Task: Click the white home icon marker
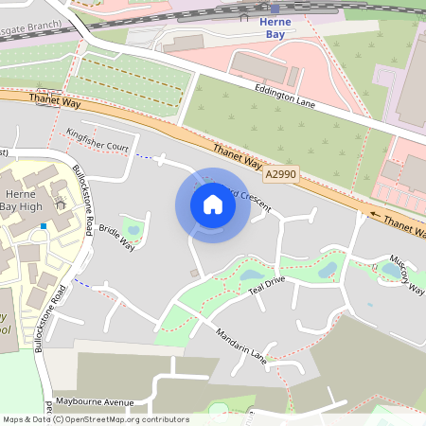pos(213,205)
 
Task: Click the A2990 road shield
pos(280,175)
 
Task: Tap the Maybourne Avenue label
pos(93,402)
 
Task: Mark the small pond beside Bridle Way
pos(133,229)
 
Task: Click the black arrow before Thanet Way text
pos(376,214)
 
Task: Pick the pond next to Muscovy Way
pos(390,271)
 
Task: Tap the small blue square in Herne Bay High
pos(44,225)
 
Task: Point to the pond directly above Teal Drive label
pos(252,275)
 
